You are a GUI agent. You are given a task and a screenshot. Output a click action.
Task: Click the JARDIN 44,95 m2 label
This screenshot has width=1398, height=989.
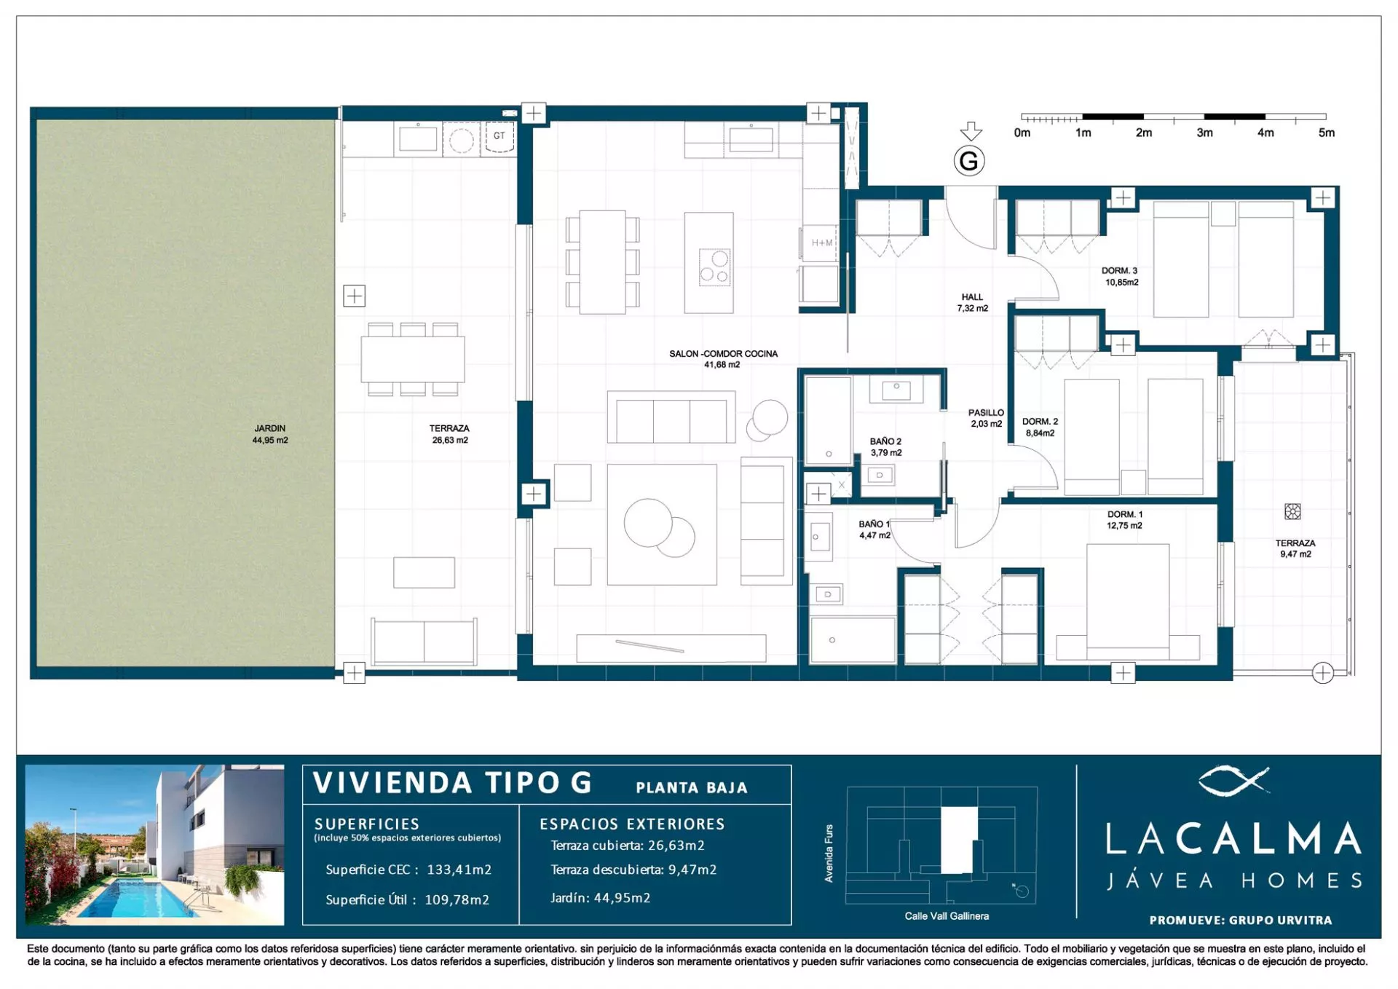(270, 434)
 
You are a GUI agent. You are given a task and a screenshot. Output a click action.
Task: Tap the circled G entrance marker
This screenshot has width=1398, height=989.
(969, 161)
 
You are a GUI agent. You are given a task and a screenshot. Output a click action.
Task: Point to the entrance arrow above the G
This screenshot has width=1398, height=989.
(971, 132)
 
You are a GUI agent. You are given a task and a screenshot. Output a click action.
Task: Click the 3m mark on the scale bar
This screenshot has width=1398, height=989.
(1204, 133)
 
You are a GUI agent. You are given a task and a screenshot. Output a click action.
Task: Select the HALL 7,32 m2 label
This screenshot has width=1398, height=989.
(972, 302)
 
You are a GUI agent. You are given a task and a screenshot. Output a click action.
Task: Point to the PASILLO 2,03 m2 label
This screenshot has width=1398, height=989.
(986, 418)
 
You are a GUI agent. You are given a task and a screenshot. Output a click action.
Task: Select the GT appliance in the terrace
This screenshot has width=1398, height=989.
(499, 137)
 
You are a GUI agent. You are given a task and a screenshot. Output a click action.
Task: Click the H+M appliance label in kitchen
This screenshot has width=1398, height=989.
(822, 243)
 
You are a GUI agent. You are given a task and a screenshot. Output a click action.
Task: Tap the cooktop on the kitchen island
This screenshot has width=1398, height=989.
(714, 267)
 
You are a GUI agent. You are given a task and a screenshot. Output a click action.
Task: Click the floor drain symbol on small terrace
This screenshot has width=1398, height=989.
(1292, 511)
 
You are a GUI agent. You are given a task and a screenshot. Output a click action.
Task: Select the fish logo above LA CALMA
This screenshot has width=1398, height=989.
(1233, 780)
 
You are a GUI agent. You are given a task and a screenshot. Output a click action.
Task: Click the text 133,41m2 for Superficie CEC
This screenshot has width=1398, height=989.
(459, 870)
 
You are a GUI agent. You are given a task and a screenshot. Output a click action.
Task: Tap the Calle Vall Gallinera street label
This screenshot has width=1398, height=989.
(947, 916)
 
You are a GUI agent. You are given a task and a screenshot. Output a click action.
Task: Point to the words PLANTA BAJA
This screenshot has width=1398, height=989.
(692, 788)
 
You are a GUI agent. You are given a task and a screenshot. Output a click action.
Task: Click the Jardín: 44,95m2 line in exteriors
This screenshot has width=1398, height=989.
(600, 898)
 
